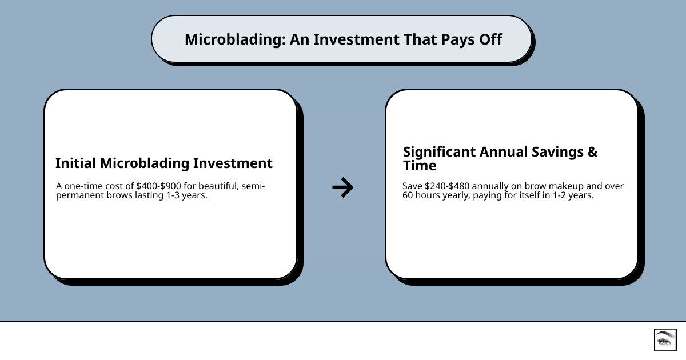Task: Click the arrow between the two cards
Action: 343,187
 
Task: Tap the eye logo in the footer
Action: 665,339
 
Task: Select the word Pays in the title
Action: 458,39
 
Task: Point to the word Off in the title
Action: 491,39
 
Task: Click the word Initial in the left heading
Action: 75,163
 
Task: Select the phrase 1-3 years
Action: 188,195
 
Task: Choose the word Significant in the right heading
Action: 439,152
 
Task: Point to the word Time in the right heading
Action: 420,166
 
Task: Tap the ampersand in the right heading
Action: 592,152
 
